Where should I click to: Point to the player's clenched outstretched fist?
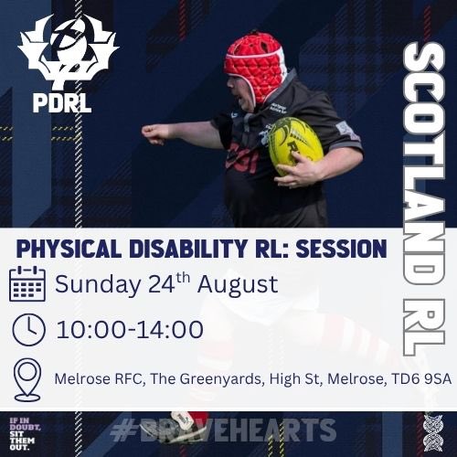155,133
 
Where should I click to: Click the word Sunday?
96,284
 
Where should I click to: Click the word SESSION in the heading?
348,248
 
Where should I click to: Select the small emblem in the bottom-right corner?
433,429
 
